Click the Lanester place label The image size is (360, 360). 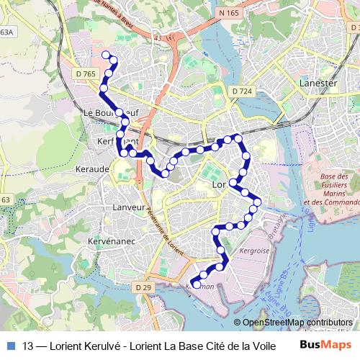point(318,83)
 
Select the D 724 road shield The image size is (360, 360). point(243,90)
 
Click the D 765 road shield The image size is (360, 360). point(84,73)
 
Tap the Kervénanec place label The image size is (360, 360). point(108,239)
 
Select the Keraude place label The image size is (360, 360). point(91,170)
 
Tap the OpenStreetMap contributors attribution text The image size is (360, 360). point(297,322)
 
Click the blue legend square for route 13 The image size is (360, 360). point(11,345)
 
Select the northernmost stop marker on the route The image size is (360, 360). point(106,55)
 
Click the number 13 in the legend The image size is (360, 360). point(29,345)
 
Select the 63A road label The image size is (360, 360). point(6,32)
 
